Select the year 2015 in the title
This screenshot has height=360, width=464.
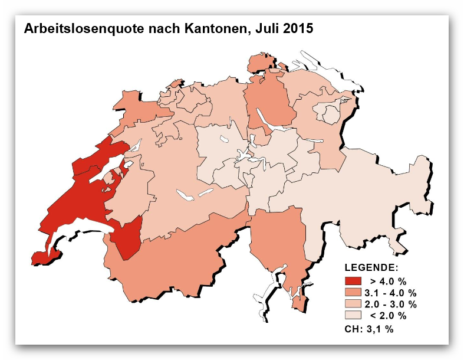pos(297,28)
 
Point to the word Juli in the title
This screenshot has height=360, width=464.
pos(262,28)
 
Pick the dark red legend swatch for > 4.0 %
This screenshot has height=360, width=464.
pos(353,280)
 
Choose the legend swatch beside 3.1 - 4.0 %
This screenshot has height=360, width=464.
pos(353,292)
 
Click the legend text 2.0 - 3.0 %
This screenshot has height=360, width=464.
pos(392,304)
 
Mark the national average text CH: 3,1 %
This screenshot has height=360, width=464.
pos(368,329)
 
